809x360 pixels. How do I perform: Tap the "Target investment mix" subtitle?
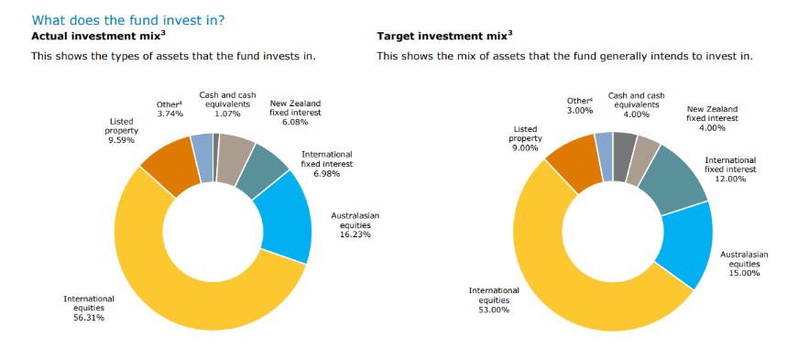pyautogui.click(x=444, y=36)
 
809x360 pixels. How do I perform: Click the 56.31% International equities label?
pyautogui.click(x=89, y=308)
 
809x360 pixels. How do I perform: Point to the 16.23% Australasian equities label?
pyautogui.click(x=355, y=224)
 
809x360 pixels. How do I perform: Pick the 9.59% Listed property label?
pyautogui.click(x=121, y=131)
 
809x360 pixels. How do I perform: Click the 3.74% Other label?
pyautogui.click(x=170, y=109)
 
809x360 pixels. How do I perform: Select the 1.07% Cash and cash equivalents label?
pyautogui.click(x=227, y=104)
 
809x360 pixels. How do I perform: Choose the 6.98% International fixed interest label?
pyautogui.click(x=327, y=164)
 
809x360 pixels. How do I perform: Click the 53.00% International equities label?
pyautogui.click(x=494, y=300)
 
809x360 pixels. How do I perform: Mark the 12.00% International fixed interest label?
pyautogui.click(x=730, y=169)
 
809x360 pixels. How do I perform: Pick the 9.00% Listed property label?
pyautogui.click(x=525, y=138)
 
